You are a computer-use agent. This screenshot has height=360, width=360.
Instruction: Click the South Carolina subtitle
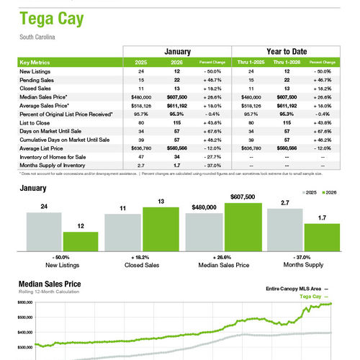pyautogui.click(x=37, y=37)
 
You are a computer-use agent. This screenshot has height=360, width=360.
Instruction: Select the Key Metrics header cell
pyautogui.click(x=37, y=63)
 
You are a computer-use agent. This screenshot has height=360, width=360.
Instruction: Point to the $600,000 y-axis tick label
pyautogui.click(x=24, y=303)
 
